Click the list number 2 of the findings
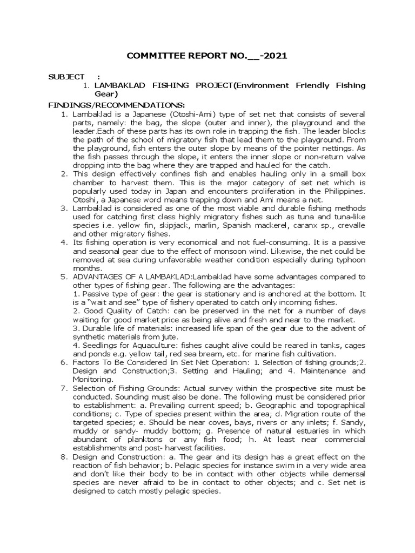click(63, 173)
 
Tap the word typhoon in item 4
click(351, 260)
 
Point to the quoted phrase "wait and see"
click(120, 302)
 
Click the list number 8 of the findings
click(63, 457)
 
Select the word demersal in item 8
click(349, 475)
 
